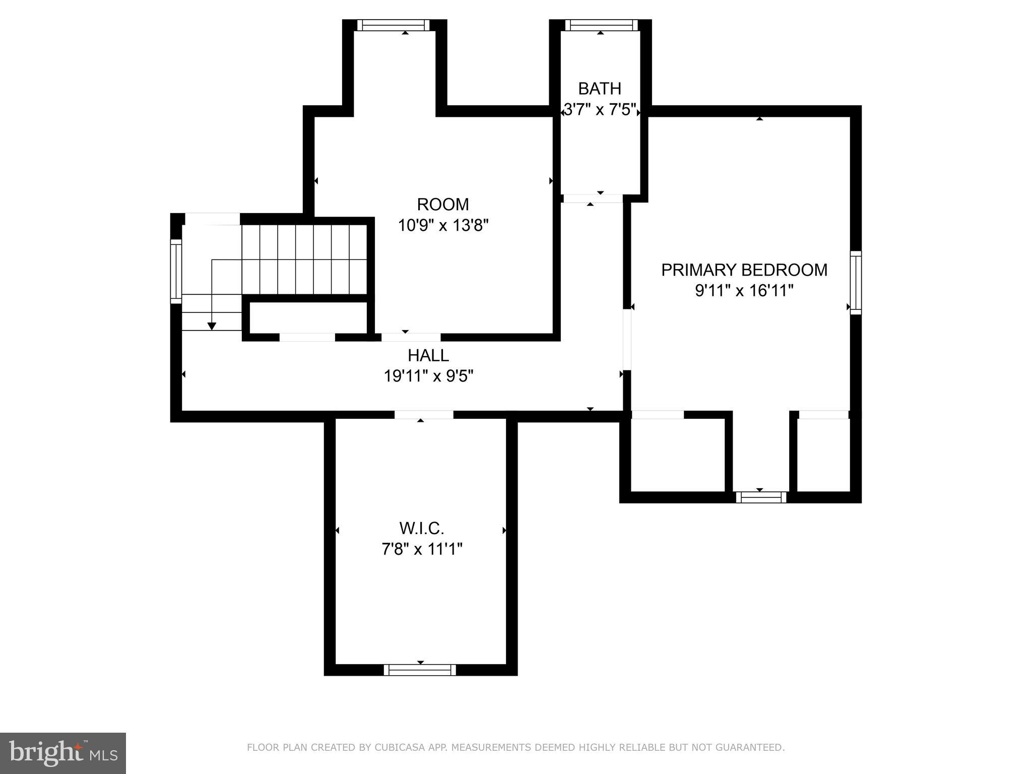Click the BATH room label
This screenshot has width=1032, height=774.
point(599,89)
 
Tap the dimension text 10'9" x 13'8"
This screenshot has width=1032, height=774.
point(443,225)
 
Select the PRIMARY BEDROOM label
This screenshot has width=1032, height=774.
point(744,270)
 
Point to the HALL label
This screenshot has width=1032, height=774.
point(428,356)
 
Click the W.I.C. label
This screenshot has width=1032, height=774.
point(421,529)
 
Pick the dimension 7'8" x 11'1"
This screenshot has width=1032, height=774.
point(421,549)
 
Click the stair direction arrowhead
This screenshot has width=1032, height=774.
point(212,326)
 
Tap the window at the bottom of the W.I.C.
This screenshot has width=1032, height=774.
point(420,670)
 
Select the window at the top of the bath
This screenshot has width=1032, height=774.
point(601,25)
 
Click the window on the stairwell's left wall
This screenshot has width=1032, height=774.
point(176,271)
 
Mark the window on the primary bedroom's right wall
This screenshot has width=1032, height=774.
point(856,283)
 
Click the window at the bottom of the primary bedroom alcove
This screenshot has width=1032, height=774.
point(760,497)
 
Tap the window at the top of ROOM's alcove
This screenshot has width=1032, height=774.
point(394,25)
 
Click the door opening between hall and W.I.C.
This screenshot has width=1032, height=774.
point(423,415)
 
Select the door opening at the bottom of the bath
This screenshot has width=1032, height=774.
point(593,199)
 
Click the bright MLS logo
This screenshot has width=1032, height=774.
point(62,753)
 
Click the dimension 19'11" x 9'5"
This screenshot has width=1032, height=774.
point(428,376)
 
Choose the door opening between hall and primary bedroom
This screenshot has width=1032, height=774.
point(627,340)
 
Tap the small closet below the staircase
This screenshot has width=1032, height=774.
point(308,317)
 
